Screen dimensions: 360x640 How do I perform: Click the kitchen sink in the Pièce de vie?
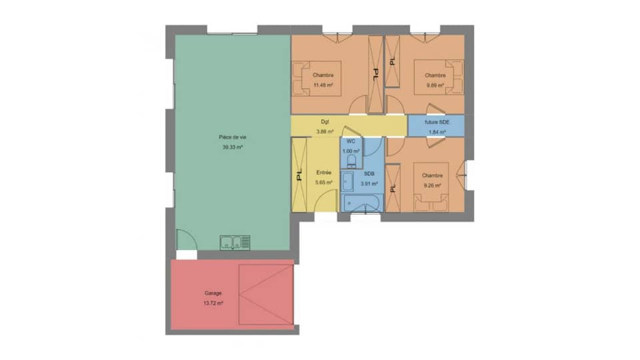click(235, 243)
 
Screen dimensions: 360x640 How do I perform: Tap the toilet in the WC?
click(360, 160)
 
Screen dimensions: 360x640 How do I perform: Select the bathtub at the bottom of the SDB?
click(361, 203)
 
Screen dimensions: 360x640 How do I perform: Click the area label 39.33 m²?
click(232, 147)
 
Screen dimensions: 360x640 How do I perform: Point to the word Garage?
click(213, 293)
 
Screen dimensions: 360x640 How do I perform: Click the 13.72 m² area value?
click(213, 303)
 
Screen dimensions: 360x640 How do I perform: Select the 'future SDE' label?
click(437, 123)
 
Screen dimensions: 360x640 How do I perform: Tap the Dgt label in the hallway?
click(325, 122)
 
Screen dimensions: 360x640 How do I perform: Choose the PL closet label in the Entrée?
click(299, 175)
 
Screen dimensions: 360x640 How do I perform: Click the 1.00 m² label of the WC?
click(351, 151)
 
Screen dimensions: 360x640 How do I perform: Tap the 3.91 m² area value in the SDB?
click(369, 183)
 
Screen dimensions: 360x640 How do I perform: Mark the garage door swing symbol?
click(266, 293)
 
